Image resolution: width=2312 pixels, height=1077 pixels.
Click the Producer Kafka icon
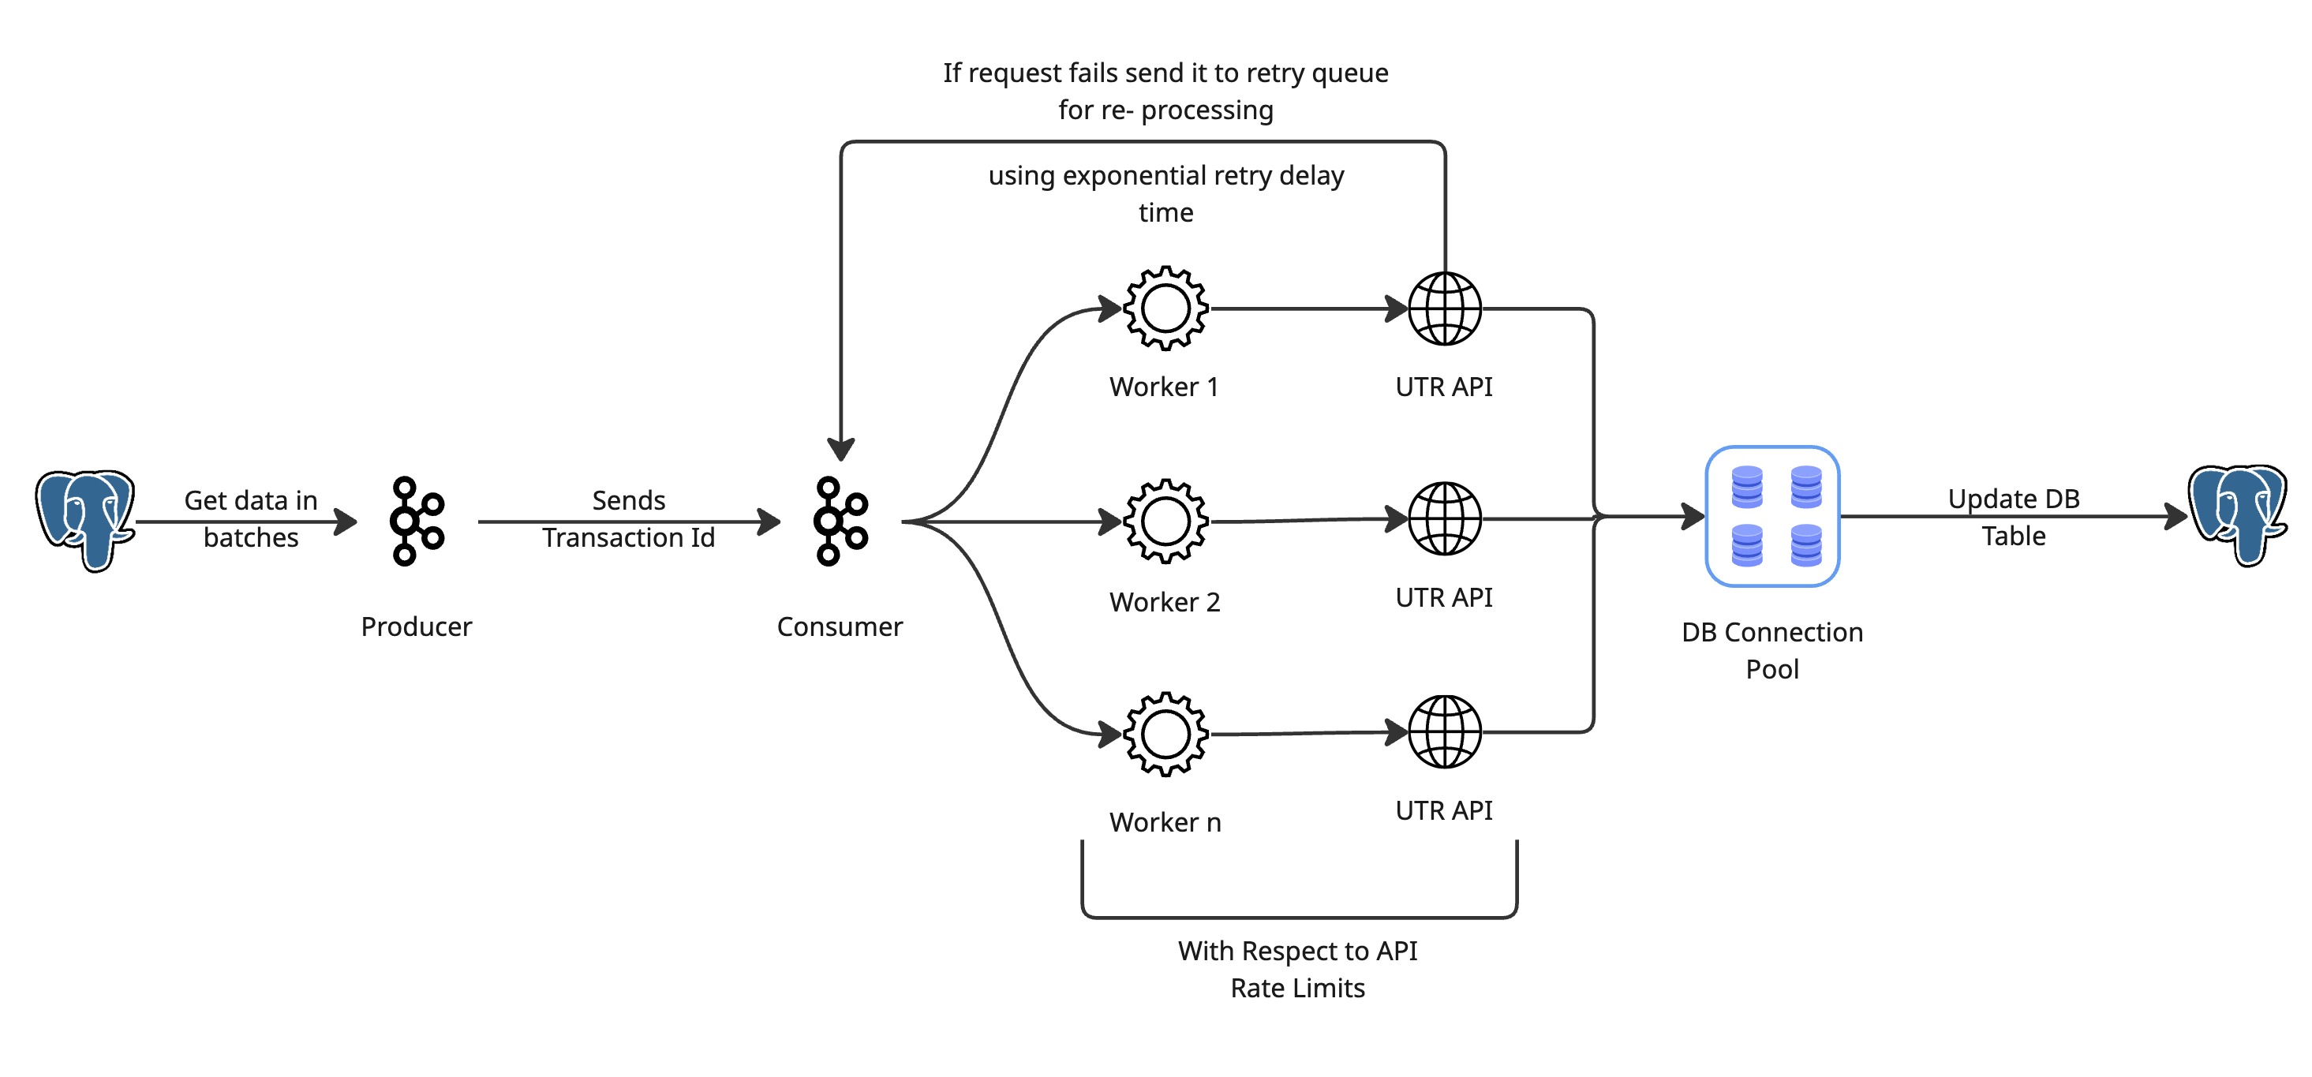pos(417,521)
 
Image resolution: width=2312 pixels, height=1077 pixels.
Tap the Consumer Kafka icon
pos(840,521)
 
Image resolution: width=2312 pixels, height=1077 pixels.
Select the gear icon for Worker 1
pos(1165,308)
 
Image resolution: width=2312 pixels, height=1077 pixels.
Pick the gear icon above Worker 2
pos(1165,521)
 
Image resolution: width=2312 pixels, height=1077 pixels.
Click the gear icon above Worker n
pos(1165,733)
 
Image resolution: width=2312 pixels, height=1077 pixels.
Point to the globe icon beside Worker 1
pos(1444,308)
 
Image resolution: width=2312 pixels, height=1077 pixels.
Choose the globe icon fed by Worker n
pos(1444,731)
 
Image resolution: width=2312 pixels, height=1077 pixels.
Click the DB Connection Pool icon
pos(1771,516)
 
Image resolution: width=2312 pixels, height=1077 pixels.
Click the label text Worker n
pos(1165,822)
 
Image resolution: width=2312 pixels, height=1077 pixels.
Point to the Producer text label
pos(417,626)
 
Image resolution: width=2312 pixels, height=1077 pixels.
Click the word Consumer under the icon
pos(840,626)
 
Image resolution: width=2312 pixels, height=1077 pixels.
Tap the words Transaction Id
pos(628,537)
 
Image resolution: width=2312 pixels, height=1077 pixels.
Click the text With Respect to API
pos(1298,951)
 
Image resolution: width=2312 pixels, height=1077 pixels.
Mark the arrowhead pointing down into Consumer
pos(841,449)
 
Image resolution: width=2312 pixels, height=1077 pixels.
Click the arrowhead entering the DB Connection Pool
pos(1693,516)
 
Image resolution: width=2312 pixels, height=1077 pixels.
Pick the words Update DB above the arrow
pos(2013,498)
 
